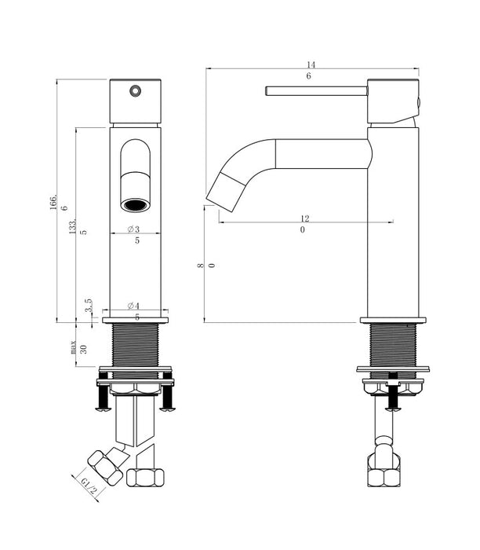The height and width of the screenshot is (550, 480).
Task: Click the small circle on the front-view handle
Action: [x=135, y=91]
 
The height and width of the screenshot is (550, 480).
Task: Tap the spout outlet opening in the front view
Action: [x=135, y=205]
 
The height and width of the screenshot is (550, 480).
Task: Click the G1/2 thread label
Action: [x=88, y=486]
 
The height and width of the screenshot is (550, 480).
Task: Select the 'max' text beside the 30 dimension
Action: [x=73, y=347]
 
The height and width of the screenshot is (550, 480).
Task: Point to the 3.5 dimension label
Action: [x=88, y=305]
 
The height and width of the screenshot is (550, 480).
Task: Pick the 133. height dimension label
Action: [x=72, y=227]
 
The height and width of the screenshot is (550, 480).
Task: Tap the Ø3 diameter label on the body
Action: [x=133, y=229]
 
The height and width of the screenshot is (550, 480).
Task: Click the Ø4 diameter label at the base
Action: [x=133, y=306]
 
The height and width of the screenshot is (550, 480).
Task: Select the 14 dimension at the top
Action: [x=311, y=65]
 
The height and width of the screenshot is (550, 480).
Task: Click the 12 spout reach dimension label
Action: [x=305, y=218]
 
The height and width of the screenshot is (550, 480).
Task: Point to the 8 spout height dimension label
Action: [x=200, y=266]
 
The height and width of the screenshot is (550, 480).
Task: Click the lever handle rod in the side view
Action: [x=317, y=91]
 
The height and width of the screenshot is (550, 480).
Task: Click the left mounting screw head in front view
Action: [x=103, y=408]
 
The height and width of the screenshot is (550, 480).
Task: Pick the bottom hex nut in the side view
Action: [x=384, y=478]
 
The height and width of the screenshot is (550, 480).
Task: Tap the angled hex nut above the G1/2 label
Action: [x=105, y=468]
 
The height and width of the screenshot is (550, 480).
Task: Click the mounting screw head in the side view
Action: [x=394, y=408]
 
